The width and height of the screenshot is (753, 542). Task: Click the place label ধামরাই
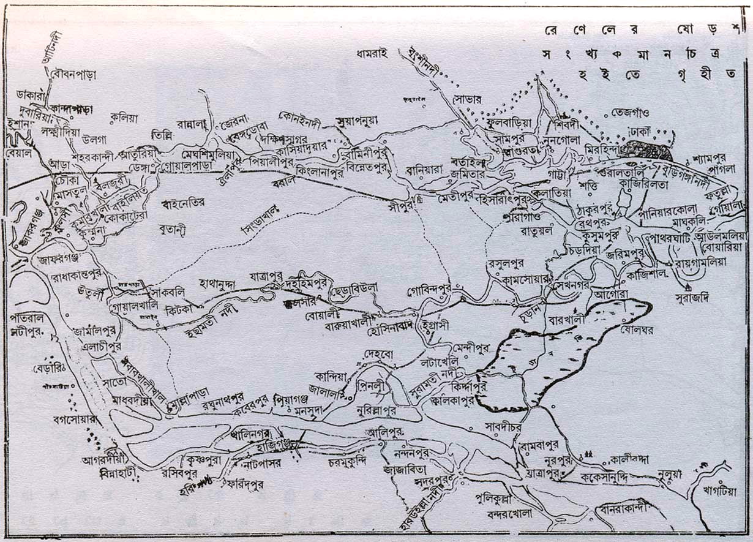[372, 53]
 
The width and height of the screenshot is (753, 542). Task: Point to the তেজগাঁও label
[633, 114]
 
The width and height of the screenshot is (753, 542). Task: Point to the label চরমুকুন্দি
[347, 460]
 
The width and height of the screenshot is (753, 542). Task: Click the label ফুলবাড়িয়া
[506, 122]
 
